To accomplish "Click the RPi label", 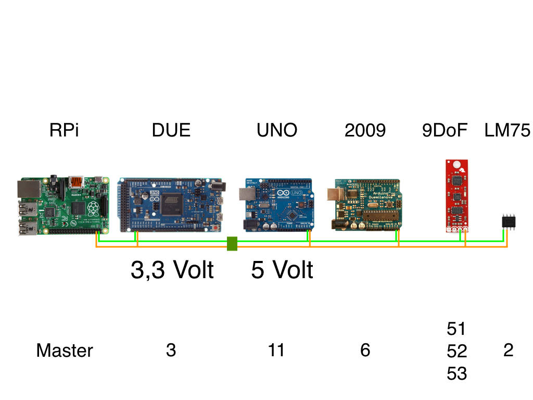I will pos(64,130).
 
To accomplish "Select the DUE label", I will pos(171,130).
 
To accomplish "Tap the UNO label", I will pos(277,130).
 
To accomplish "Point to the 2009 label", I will pos(365,130).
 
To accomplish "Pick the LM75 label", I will pos(507,130).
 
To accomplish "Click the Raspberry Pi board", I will pos(63,206).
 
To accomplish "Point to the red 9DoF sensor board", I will pos(456,196).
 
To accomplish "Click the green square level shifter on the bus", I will pos(232,244).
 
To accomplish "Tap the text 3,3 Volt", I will pos(172,270).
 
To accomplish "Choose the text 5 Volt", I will pos(282,270).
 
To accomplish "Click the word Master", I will pos(65,351).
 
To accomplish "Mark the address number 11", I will pos(276,351).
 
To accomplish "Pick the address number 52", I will pos(457,352).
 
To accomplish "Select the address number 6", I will pos(365,351).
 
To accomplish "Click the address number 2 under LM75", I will pos(509,351).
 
